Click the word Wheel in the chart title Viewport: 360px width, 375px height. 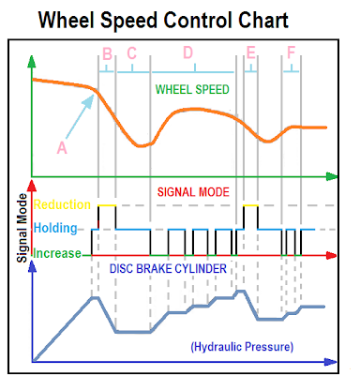point(66,21)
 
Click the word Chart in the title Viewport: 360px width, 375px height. point(263,21)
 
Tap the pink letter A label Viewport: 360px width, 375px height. point(62,147)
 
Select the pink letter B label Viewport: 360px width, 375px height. point(107,53)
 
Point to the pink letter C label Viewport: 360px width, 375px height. point(132,53)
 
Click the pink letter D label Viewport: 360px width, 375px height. point(187,52)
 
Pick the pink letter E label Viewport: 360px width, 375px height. point(251,52)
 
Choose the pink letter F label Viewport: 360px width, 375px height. point(291,52)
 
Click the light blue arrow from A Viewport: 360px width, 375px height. point(80,116)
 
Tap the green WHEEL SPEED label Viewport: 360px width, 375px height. point(192,90)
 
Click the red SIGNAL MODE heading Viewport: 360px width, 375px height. point(193,192)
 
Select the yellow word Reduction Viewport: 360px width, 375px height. point(62,204)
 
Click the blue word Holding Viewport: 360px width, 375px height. point(55,228)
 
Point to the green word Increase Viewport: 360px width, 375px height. point(57,253)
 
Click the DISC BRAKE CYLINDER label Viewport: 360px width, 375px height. point(168,269)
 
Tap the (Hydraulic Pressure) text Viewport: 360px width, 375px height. point(242,347)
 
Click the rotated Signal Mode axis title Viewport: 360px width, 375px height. point(22,228)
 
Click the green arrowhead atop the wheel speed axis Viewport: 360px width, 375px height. point(32,61)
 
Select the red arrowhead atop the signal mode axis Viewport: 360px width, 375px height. point(32,186)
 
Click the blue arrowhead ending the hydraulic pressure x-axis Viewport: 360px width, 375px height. point(331,362)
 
